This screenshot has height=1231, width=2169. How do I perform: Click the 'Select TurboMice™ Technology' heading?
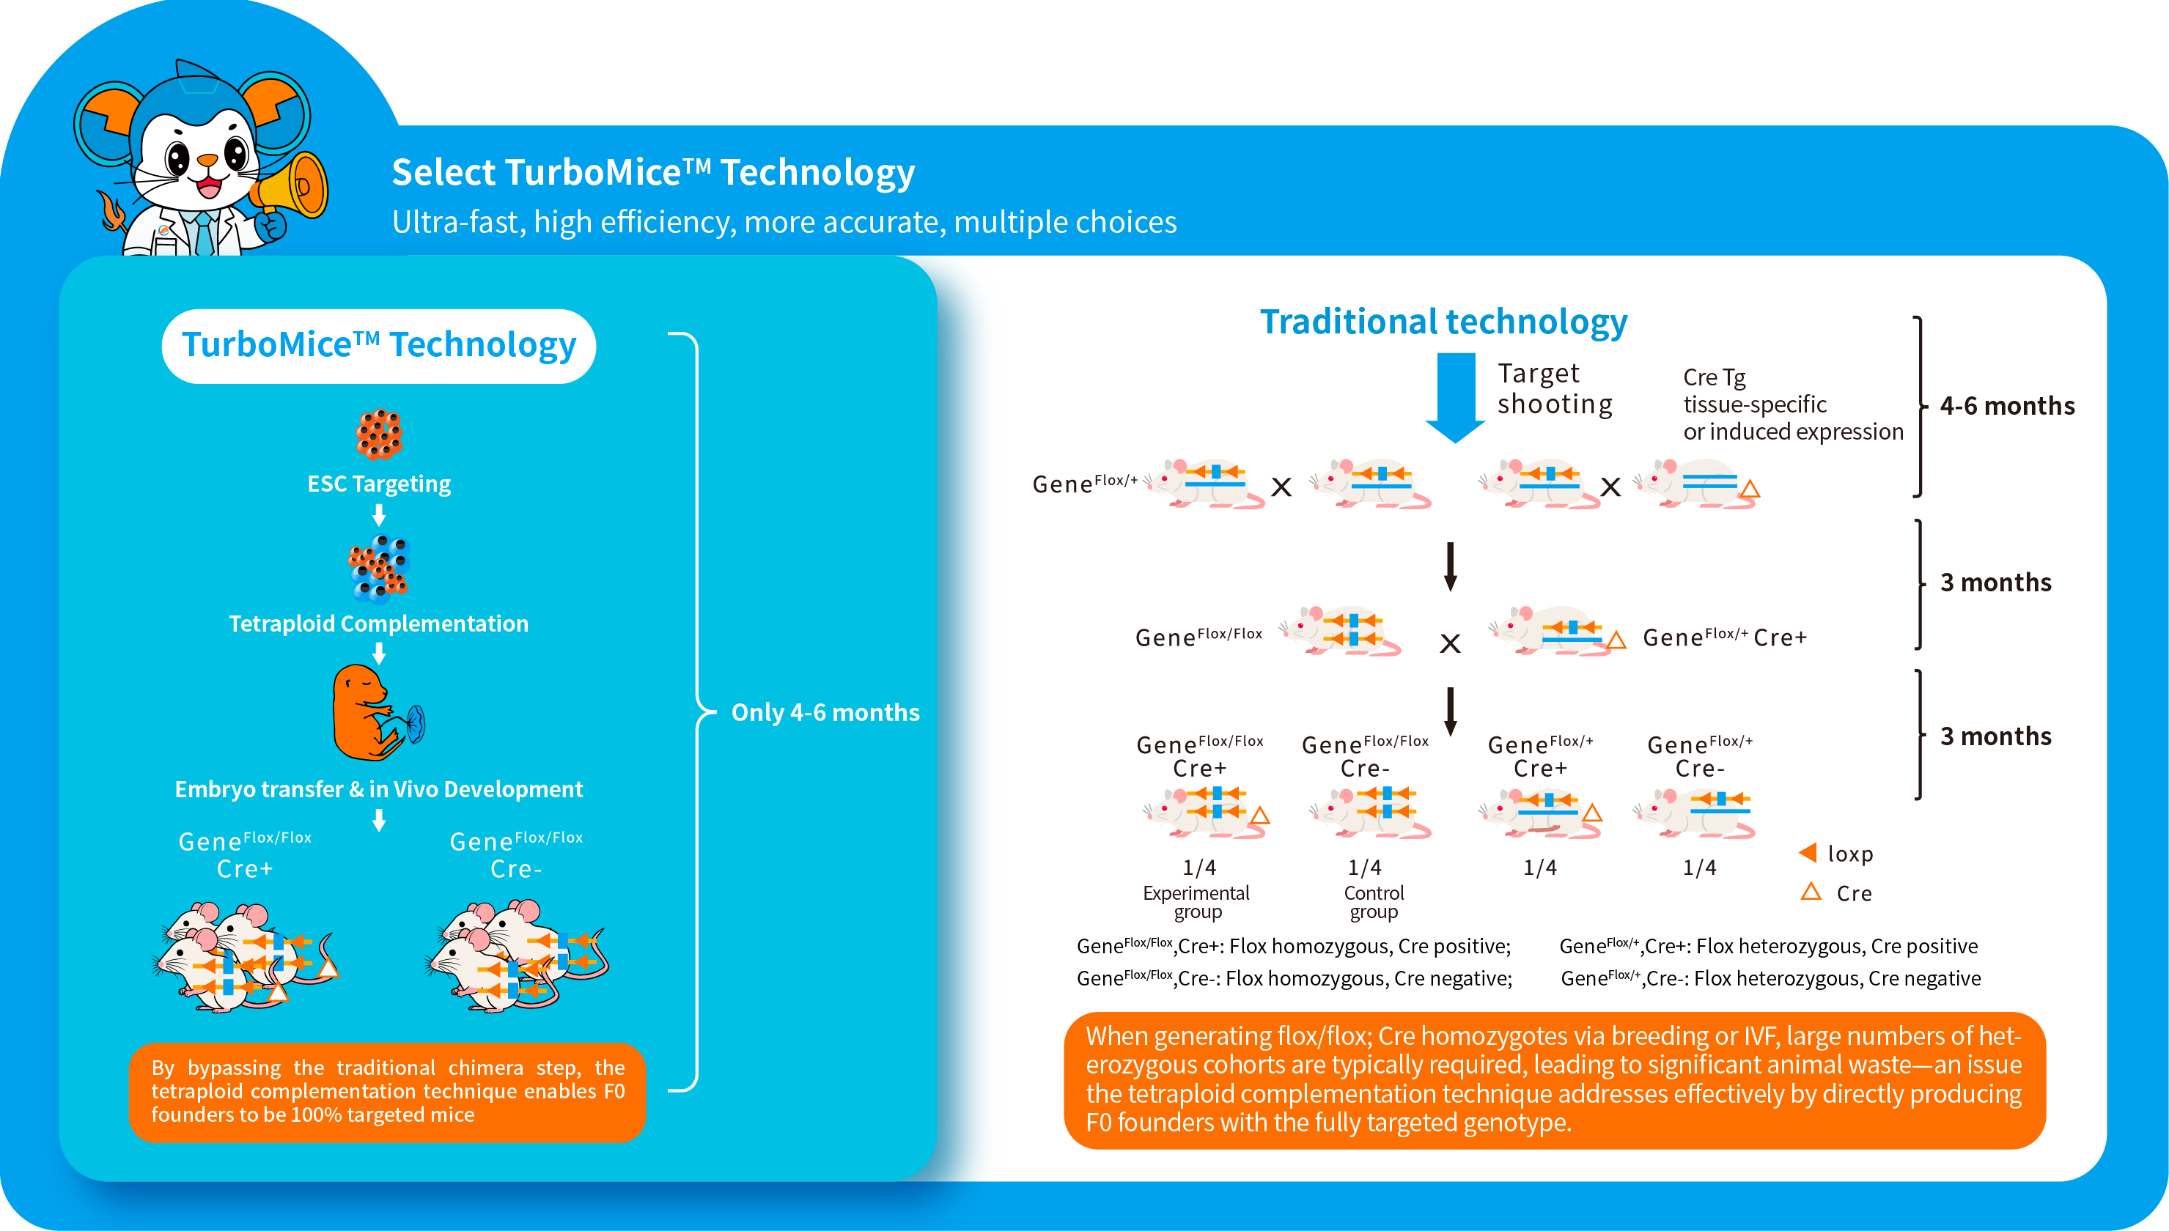click(x=653, y=172)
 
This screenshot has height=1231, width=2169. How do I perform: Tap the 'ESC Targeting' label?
click(x=379, y=484)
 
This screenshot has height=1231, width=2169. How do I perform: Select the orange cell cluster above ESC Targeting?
click(x=379, y=434)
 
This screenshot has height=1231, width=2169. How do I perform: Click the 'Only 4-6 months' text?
click(x=825, y=712)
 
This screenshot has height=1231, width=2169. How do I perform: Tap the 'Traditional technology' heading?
click(x=1443, y=322)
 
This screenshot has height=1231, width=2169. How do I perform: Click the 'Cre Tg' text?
click(x=1713, y=377)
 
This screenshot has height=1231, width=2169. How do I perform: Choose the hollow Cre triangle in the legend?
click(x=1811, y=891)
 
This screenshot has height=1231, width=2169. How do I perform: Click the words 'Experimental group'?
click(x=1196, y=901)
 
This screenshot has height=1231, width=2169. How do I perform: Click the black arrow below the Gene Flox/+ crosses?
click(x=1450, y=566)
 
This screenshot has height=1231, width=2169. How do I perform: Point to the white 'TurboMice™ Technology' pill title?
click(x=379, y=346)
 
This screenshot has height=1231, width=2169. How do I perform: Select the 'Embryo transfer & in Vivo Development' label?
click(x=379, y=789)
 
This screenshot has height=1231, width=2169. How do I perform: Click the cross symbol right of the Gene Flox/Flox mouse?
click(x=1449, y=643)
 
